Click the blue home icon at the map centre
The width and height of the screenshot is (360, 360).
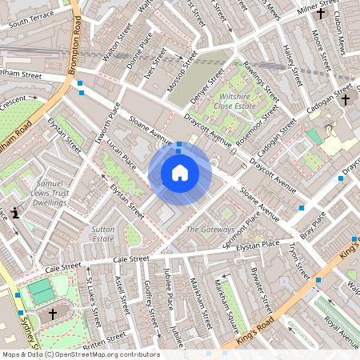click(x=180, y=173)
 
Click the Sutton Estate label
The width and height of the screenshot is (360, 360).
click(x=104, y=233)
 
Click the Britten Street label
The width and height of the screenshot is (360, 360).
click(x=104, y=341)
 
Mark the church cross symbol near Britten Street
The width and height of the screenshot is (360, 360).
click(x=54, y=314)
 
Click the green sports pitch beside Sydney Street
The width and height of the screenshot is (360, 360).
click(x=39, y=291)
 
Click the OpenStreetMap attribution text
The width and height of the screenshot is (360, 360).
click(x=80, y=354)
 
